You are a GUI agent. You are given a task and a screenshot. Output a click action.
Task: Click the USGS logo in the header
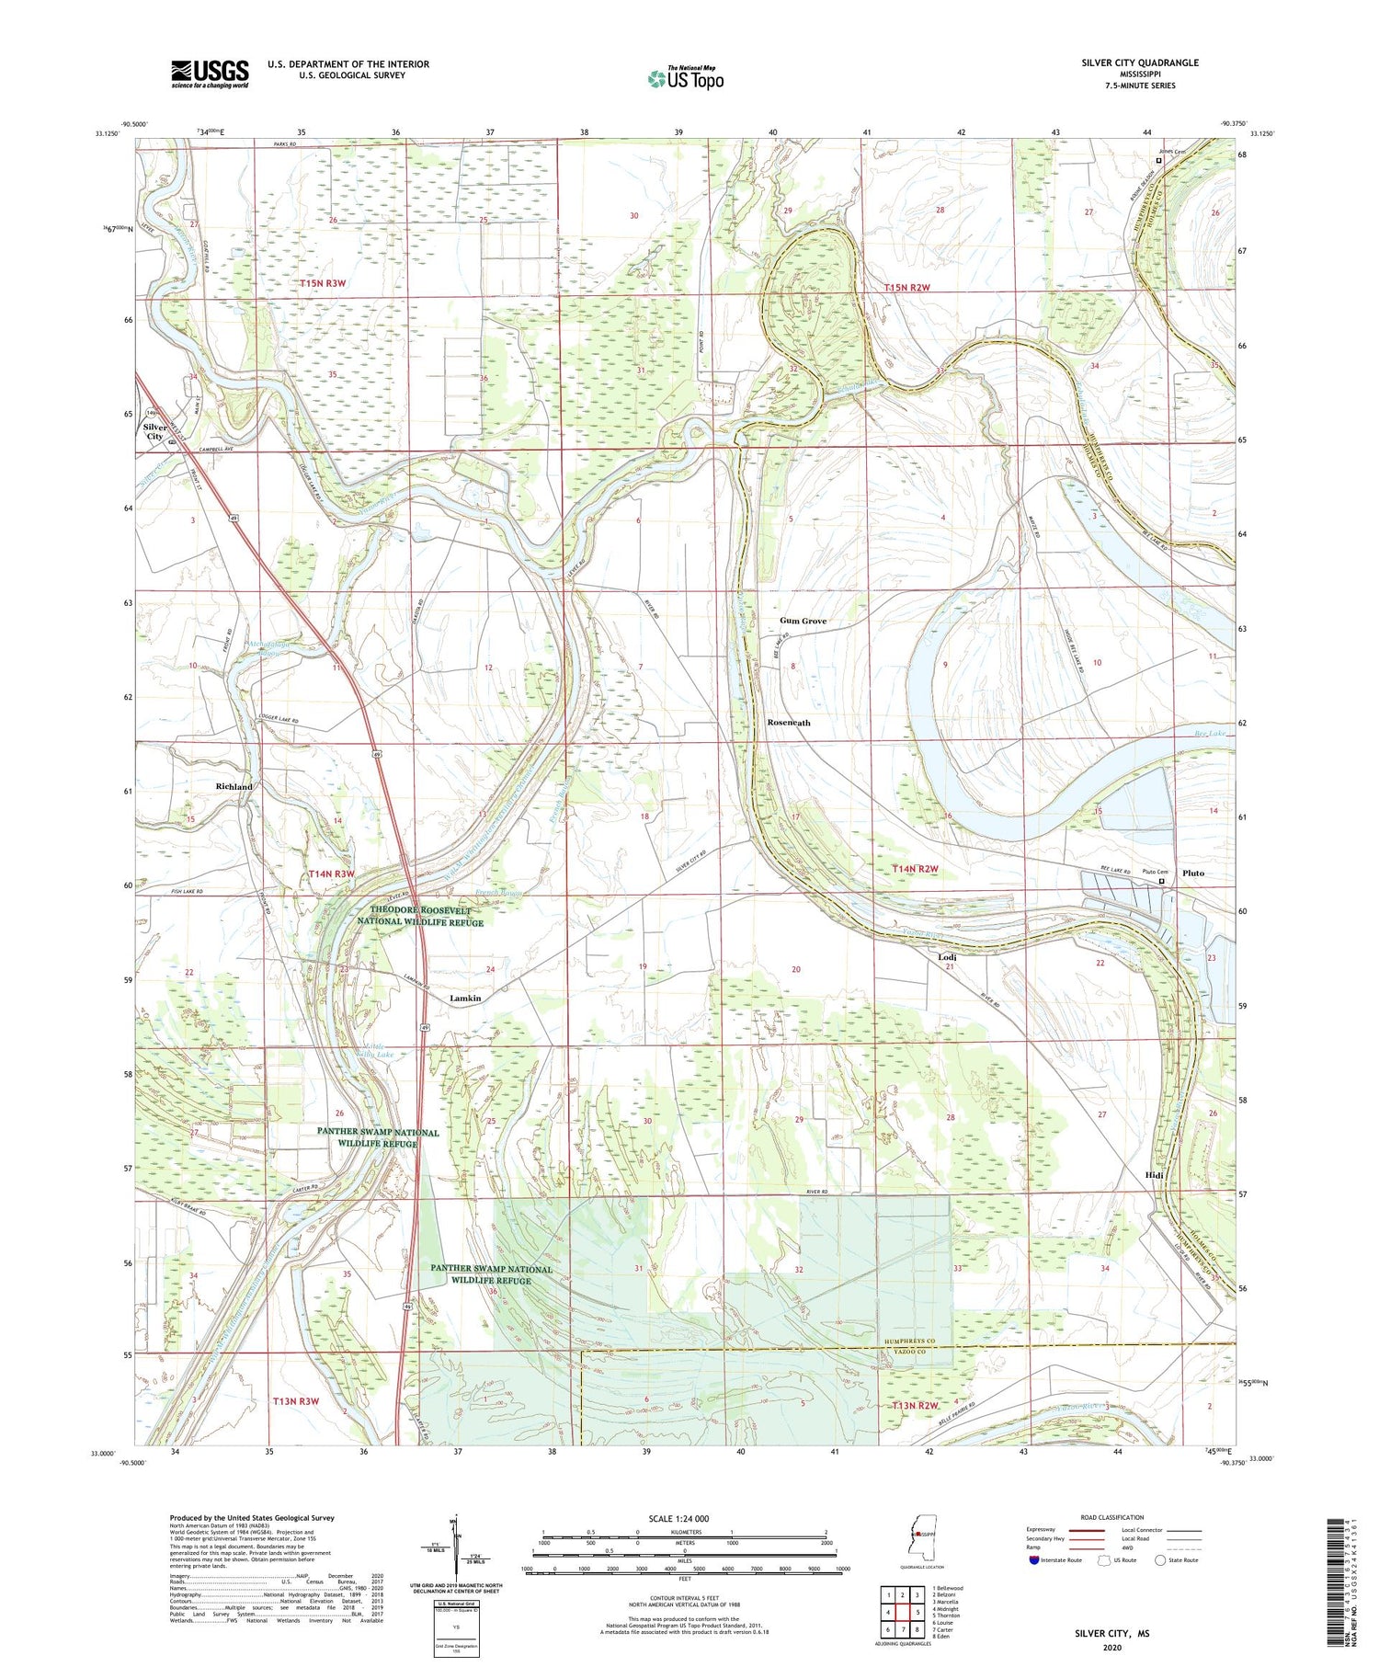click(210, 74)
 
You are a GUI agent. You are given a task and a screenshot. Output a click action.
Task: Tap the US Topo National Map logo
click(685, 78)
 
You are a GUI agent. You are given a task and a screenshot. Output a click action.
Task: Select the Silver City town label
click(154, 431)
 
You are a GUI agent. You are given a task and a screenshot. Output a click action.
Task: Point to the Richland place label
click(234, 787)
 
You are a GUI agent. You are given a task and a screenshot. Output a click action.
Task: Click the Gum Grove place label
click(803, 621)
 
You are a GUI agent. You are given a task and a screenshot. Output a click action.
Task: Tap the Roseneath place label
click(789, 723)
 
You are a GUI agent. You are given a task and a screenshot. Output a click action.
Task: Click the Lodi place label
click(947, 957)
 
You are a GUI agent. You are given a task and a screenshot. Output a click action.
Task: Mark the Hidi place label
click(1155, 1175)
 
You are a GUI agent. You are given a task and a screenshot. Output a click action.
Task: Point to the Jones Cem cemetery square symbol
click(1158, 160)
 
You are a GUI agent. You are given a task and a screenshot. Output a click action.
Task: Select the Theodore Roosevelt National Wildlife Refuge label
click(427, 916)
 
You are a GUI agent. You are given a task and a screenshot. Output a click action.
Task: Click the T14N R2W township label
click(915, 869)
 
